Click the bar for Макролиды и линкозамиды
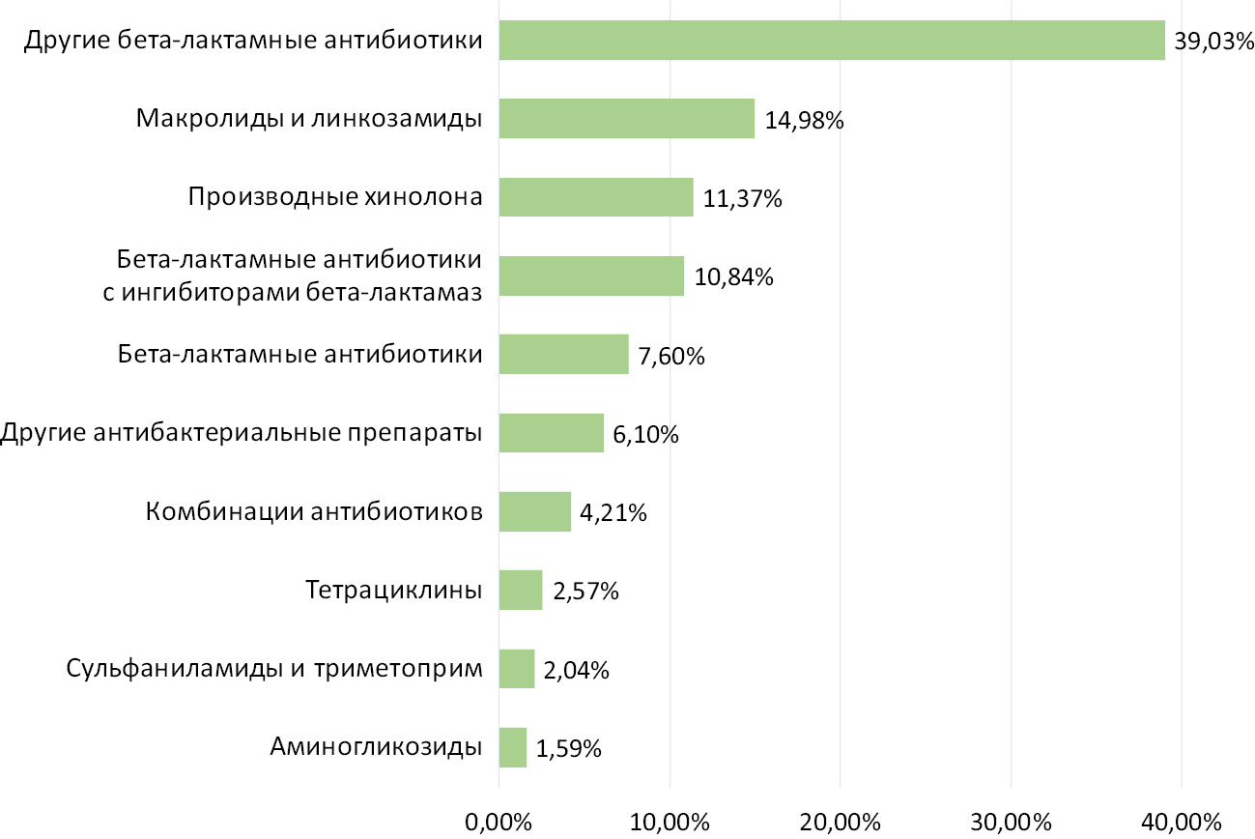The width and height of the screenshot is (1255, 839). coord(626,119)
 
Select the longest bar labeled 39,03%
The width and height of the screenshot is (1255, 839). coord(831,41)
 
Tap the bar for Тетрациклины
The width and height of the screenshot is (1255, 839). coord(521,590)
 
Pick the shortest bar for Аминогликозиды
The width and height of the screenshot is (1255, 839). coord(513,747)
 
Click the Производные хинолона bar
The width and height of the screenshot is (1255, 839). coord(596,197)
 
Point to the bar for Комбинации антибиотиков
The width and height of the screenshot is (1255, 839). coord(535,511)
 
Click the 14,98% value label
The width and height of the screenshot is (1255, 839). coord(805,122)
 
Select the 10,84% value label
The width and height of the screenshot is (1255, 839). coord(734,277)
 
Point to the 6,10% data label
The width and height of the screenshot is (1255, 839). coord(646,435)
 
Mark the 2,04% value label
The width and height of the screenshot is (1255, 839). coord(577,670)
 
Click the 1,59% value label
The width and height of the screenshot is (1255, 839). coord(570,748)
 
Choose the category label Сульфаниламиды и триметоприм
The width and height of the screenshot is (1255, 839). coord(274,668)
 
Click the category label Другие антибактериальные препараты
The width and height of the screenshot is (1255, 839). coord(242,432)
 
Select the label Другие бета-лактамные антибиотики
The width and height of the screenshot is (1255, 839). coord(253,41)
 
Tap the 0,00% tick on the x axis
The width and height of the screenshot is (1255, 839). coord(499,823)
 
